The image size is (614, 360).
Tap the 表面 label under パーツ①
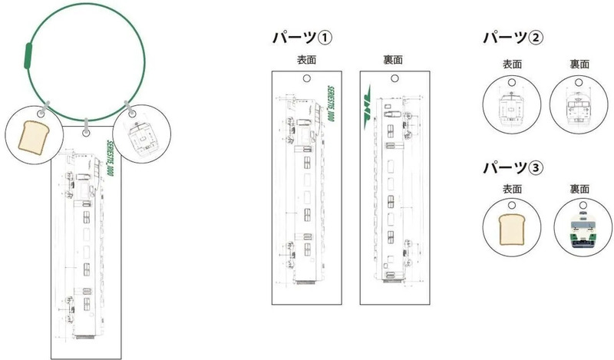point(307,60)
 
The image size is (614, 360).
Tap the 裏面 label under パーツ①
point(394,60)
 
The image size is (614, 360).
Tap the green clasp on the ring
point(27,57)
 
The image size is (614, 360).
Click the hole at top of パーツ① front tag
point(307,78)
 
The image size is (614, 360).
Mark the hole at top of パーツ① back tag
point(394,78)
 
